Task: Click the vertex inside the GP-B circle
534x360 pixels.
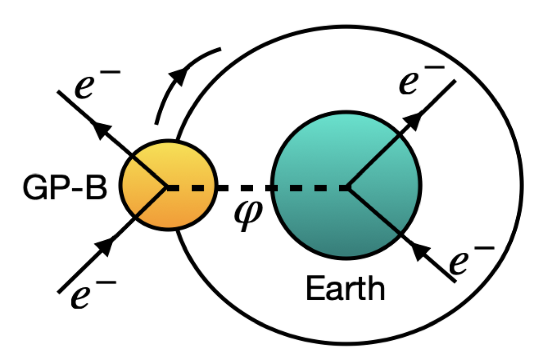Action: click(166, 188)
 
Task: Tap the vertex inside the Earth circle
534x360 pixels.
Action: click(349, 188)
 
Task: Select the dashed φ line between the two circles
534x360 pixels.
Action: click(244, 188)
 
